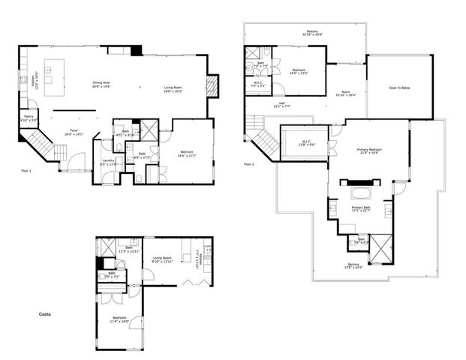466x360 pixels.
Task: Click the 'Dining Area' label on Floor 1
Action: (101, 85)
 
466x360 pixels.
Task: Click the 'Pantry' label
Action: (28, 118)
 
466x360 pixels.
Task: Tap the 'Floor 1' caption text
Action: (26, 172)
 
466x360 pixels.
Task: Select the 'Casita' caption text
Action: (46, 313)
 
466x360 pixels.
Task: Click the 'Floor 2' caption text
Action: (248, 164)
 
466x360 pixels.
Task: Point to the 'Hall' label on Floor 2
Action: (281, 105)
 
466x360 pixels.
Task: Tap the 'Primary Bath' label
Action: (362, 208)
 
